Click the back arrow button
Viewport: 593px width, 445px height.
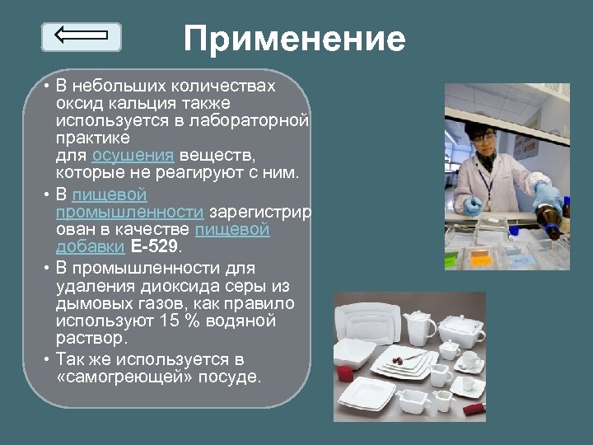click(x=81, y=36)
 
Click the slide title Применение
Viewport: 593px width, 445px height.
click(x=294, y=39)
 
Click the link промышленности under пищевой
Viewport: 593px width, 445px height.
click(x=129, y=213)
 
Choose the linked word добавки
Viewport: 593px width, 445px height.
click(x=91, y=246)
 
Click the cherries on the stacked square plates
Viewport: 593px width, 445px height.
click(x=396, y=360)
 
